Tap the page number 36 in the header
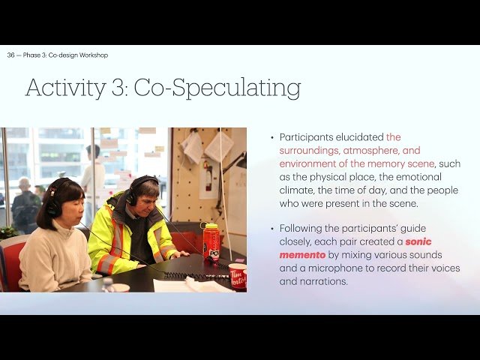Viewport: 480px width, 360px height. point(11,55)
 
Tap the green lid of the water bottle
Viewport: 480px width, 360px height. point(210,225)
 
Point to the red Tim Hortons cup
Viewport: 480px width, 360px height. point(238,275)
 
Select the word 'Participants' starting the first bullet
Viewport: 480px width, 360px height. point(307,137)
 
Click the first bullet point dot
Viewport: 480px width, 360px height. point(272,138)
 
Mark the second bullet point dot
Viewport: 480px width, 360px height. point(272,229)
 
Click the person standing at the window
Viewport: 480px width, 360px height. point(93,169)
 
